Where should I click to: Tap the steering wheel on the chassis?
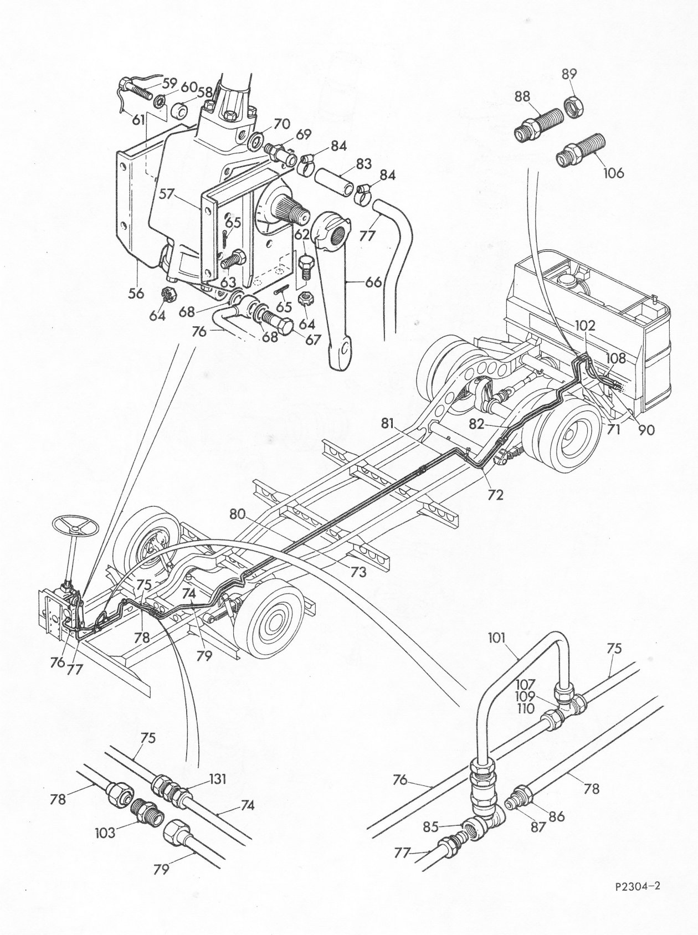[x=76, y=527]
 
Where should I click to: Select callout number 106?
[x=612, y=173]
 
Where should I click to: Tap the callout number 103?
[x=120, y=832]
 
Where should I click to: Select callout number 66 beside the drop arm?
[x=373, y=282]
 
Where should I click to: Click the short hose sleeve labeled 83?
[x=334, y=181]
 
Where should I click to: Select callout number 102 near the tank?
[x=584, y=326]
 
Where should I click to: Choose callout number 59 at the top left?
[x=170, y=84]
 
